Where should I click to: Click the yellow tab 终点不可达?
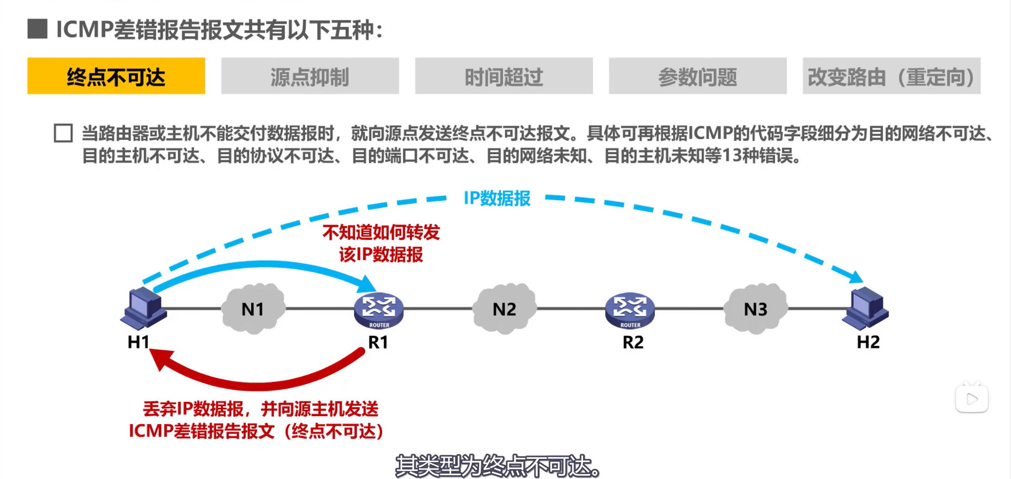pos(116,76)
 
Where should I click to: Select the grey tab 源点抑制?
pos(310,76)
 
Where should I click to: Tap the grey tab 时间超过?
pos(503,76)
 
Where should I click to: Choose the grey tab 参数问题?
pos(697,76)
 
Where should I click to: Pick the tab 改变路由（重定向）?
pos(891,76)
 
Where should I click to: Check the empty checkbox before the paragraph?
pos(63,133)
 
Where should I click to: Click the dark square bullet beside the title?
pos(37,29)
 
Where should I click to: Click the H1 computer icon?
pos(143,308)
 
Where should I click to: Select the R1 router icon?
pos(378,310)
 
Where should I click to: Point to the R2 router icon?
pos(630,310)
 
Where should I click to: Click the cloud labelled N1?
pos(253,309)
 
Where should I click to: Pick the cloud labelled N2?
pos(504,309)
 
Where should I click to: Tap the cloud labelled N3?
pos(755,309)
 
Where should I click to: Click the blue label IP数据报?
pos(497,199)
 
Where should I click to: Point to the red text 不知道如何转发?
pos(381,232)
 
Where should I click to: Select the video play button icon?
pos(971,399)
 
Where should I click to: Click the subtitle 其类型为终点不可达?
pos(498,466)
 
